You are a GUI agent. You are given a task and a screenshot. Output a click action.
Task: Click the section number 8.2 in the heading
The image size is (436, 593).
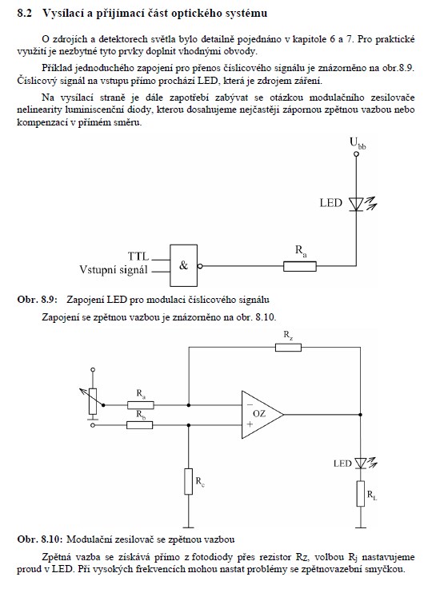click(x=24, y=14)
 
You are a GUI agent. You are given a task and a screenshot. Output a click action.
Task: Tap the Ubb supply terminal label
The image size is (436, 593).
click(x=358, y=143)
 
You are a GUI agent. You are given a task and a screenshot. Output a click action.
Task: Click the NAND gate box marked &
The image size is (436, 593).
click(x=183, y=265)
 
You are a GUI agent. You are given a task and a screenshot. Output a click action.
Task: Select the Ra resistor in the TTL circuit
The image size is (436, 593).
click(x=300, y=266)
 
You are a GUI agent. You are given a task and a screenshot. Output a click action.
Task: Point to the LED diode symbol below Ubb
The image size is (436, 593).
click(x=357, y=204)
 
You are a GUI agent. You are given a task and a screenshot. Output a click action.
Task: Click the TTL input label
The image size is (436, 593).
click(x=138, y=257)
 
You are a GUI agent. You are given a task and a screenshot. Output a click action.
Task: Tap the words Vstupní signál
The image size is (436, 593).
click(x=113, y=269)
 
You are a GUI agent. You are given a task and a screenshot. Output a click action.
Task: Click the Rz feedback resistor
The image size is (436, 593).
click(x=288, y=347)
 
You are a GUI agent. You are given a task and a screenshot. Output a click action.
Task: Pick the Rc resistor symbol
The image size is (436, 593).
click(x=189, y=481)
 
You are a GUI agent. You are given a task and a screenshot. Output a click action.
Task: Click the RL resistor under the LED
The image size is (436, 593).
click(x=361, y=494)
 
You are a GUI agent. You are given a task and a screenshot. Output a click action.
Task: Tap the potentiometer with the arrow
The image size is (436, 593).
click(x=93, y=401)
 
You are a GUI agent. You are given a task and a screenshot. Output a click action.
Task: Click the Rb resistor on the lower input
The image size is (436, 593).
click(x=140, y=425)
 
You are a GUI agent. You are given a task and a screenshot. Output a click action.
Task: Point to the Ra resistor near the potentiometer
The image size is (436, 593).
click(x=141, y=405)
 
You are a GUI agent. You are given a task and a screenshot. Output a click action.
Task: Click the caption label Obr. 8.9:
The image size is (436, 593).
click(x=37, y=300)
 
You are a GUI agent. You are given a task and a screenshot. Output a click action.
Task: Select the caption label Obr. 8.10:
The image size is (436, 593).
click(x=40, y=539)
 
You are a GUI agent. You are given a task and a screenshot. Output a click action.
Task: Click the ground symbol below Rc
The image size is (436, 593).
click(x=189, y=527)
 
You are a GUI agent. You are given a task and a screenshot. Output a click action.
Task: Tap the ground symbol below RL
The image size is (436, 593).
click(x=361, y=527)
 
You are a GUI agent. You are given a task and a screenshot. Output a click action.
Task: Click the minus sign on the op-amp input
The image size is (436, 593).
click(x=250, y=405)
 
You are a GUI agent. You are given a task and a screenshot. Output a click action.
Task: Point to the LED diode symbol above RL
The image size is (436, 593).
click(x=361, y=463)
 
